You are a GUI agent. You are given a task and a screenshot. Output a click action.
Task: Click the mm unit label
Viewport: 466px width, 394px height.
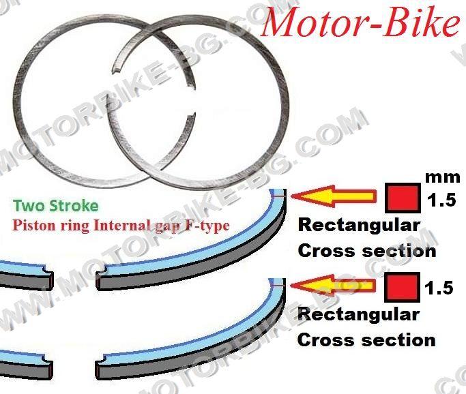(443, 177)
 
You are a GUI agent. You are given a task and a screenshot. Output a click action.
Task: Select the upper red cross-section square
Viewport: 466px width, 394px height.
(403, 198)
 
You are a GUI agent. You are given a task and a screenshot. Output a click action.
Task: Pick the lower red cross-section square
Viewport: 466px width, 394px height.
(402, 287)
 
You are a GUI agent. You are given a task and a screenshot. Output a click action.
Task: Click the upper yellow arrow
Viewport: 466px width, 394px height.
(333, 196)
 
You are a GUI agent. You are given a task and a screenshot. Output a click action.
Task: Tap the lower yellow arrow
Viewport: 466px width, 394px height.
(332, 286)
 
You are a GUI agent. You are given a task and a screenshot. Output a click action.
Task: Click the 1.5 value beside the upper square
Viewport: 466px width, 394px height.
(441, 200)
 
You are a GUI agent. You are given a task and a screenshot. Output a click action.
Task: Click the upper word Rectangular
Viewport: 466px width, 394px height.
(359, 226)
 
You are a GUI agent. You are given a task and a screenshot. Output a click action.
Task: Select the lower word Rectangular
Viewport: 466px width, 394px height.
(358, 315)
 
